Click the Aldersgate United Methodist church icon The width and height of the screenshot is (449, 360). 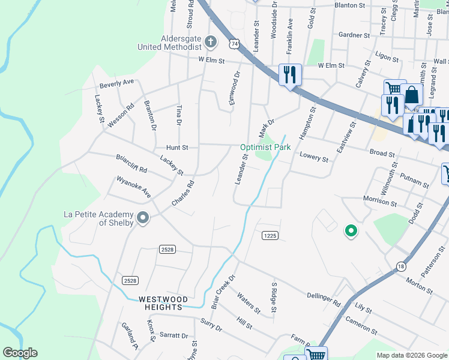click(x=210, y=41)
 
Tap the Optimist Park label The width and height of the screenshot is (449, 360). click(x=265, y=147)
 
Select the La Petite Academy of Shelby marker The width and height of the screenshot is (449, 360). click(x=142, y=218)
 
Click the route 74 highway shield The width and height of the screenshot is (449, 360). click(x=234, y=44)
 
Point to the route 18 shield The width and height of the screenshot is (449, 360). click(x=400, y=266)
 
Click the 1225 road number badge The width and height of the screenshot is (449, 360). click(x=270, y=236)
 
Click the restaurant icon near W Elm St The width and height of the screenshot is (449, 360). click(x=290, y=75)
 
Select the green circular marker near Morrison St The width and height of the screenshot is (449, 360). click(x=350, y=230)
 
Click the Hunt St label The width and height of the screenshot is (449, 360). click(x=177, y=147)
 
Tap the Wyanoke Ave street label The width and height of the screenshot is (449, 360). click(x=133, y=187)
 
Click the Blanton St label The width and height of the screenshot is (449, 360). click(x=350, y=5)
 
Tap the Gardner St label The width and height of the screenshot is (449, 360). click(x=354, y=35)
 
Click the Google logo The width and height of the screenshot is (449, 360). click(x=20, y=353)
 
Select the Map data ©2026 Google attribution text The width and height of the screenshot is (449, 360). click(x=411, y=355)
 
